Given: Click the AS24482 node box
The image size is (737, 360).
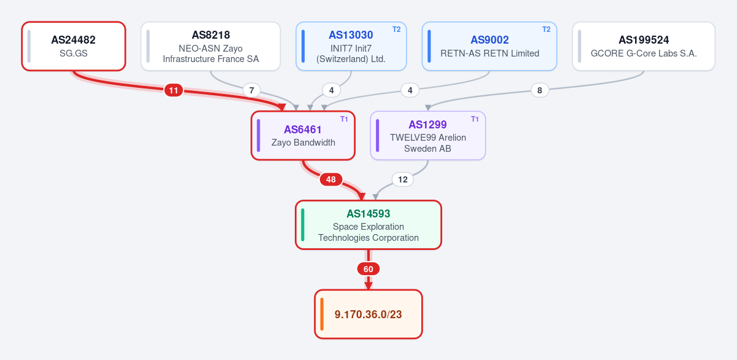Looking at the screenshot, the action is (x=74, y=46).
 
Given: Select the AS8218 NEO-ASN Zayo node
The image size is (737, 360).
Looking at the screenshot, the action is (x=211, y=46).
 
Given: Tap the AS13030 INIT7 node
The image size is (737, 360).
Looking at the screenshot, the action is (x=351, y=46).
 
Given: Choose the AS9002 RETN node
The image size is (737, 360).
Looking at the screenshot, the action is (x=489, y=46).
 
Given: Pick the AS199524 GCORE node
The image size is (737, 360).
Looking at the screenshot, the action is (x=644, y=46).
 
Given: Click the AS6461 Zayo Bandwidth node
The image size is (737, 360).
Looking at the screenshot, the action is (x=303, y=136).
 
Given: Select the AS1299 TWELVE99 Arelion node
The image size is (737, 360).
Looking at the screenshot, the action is (x=427, y=136).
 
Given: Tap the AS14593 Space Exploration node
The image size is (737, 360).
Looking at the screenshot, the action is (x=368, y=225).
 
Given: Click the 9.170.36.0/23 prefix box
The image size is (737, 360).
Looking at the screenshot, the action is (x=368, y=315).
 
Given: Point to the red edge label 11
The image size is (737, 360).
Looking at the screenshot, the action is (x=174, y=90).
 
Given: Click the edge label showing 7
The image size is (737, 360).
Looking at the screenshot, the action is (x=252, y=90).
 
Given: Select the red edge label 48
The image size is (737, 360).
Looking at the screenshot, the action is (x=331, y=179).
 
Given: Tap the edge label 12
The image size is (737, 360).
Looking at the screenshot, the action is (x=403, y=179).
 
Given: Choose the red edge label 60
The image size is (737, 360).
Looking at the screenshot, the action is (x=368, y=269).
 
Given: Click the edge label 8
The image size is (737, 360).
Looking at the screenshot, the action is (x=540, y=90).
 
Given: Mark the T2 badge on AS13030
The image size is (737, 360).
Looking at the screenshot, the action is (x=397, y=29).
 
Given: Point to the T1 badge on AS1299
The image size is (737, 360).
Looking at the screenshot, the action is (x=475, y=119).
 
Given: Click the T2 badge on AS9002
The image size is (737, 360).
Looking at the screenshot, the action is (x=547, y=29).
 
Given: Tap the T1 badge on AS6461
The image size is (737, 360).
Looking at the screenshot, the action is (x=344, y=119).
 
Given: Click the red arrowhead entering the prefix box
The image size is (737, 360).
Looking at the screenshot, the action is (x=368, y=286).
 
